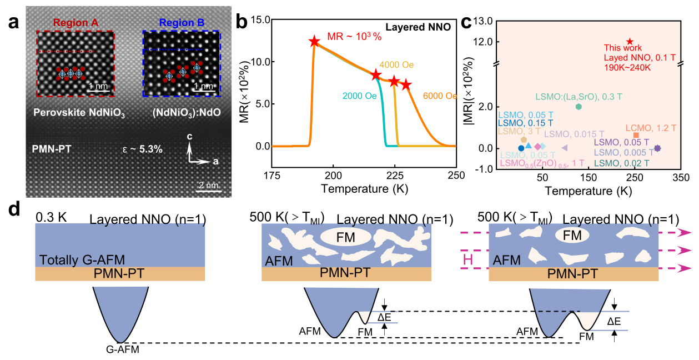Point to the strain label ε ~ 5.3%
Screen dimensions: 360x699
click(142, 149)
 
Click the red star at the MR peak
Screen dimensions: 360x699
click(314, 42)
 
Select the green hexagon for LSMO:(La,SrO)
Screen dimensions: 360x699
click(579, 107)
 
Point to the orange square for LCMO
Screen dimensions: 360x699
click(636, 135)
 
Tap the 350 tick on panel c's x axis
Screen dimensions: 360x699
click(681, 178)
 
